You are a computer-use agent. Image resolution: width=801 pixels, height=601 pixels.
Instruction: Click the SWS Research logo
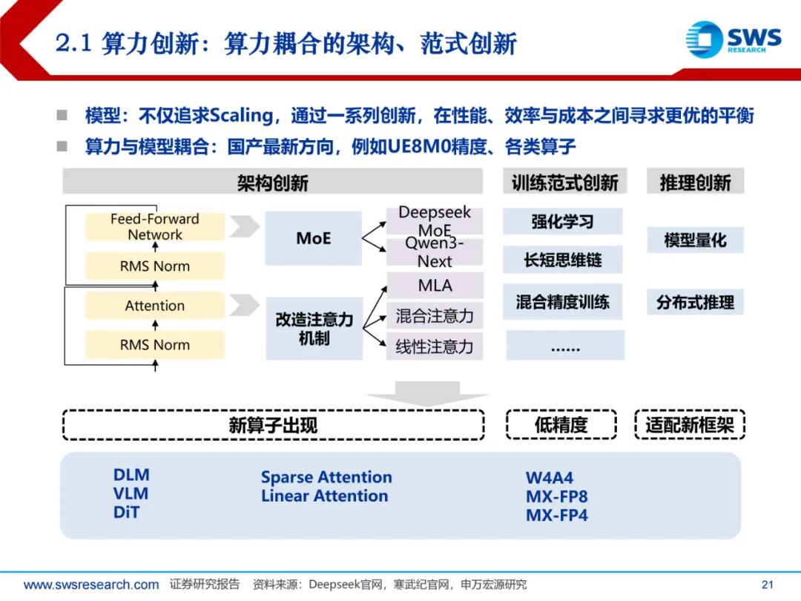[733, 39]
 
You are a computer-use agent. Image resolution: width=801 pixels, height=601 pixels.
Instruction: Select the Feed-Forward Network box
[154, 227]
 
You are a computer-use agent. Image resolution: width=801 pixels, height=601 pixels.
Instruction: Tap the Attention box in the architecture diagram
[154, 306]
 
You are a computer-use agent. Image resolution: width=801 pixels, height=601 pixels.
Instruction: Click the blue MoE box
[313, 239]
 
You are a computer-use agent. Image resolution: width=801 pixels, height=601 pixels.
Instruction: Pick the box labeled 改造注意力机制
[313, 329]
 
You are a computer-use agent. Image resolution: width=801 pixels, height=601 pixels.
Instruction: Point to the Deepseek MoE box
[434, 220]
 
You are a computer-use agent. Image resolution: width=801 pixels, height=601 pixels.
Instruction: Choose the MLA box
[434, 286]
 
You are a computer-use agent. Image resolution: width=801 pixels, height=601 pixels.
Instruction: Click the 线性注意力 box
[434, 347]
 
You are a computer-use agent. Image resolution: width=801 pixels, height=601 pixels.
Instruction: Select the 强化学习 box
[562, 221]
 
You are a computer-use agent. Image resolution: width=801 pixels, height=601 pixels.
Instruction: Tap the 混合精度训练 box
[562, 302]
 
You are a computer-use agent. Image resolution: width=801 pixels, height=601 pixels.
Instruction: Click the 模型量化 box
[695, 240]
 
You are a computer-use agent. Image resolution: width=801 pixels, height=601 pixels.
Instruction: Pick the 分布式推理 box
[695, 303]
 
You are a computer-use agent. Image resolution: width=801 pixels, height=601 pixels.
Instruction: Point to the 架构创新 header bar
[272, 183]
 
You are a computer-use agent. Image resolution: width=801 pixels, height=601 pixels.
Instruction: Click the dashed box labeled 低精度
[561, 424]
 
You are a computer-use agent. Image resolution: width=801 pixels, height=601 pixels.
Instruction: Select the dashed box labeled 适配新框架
[689, 425]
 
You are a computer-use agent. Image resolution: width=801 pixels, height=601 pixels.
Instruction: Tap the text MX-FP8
[556, 496]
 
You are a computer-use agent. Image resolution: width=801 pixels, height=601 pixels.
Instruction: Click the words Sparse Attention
[326, 477]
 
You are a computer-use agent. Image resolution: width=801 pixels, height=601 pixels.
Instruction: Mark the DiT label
[126, 512]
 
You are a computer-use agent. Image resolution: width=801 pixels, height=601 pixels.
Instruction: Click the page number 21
[768, 585]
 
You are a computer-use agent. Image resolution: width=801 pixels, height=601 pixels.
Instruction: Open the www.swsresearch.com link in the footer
[90, 585]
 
